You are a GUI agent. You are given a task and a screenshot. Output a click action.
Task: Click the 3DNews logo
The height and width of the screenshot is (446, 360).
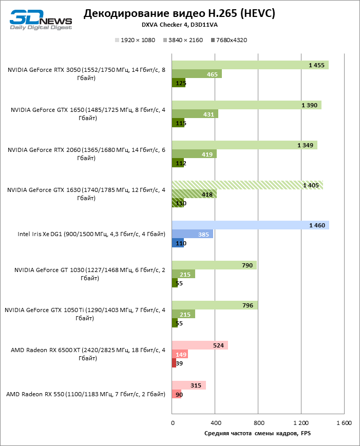pos(41,19)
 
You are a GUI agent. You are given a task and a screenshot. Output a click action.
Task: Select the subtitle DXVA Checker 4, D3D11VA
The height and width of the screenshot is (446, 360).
pos(179,25)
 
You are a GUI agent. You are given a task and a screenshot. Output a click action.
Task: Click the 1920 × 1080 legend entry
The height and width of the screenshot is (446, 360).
pos(135,40)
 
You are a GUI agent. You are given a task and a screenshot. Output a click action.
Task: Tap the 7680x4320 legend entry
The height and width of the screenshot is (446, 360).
pos(229,40)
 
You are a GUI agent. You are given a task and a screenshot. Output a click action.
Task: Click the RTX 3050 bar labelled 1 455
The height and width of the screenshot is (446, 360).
pos(250,65)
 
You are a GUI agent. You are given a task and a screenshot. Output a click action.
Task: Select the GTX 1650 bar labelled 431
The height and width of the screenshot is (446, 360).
pos(195,114)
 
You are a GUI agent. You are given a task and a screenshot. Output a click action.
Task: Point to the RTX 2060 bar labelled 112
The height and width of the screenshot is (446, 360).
pos(178,163)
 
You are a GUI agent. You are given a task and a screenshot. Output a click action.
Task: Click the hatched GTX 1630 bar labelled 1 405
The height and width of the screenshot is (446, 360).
pos(248,185)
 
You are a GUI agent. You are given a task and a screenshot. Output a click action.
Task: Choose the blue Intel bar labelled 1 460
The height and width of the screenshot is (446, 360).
pos(251,225)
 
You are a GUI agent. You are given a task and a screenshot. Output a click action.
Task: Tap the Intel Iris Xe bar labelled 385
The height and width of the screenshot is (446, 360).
pos(193,234)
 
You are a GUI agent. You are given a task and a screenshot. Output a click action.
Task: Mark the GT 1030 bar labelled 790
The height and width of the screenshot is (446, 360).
pos(214,265)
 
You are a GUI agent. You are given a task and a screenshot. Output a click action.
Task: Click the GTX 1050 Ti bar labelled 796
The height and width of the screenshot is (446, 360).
pos(215,305)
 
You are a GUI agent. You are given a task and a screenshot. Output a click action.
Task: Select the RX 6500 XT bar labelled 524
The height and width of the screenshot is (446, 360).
pos(200,345)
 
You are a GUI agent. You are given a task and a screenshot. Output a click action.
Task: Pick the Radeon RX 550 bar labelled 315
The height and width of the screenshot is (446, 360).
pos(188,385)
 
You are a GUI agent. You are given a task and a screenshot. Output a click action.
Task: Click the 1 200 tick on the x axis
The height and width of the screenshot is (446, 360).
pos(301,423)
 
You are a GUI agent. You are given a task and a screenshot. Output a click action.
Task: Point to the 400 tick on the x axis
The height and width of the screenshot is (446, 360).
pos(215,423)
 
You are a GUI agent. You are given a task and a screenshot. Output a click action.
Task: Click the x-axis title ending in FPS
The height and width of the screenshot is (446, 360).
pos(257,434)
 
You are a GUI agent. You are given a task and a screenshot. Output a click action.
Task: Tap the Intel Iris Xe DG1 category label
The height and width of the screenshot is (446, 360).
pos(91,235)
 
